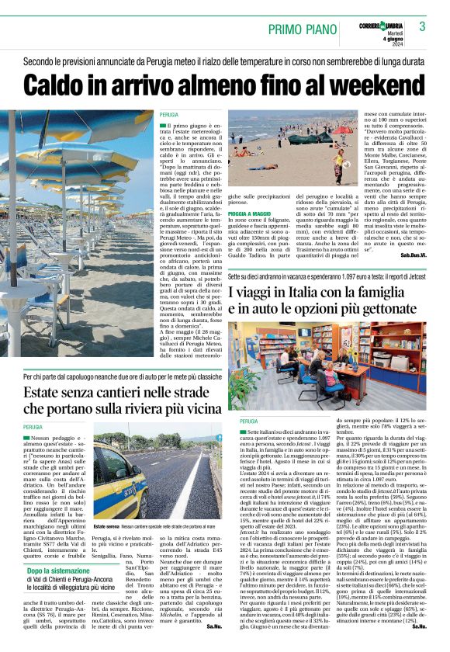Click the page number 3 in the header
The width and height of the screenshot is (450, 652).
tap(423, 26)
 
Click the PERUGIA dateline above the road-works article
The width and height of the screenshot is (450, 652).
tap(33, 428)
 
